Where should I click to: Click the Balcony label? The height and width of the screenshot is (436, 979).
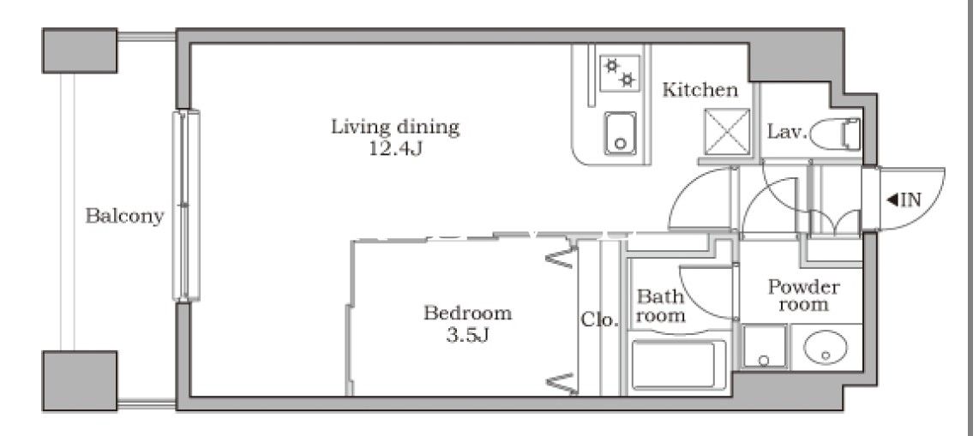[x=124, y=216]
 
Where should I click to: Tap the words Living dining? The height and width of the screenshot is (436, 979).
[x=394, y=128]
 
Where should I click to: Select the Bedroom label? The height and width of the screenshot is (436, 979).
[x=468, y=313]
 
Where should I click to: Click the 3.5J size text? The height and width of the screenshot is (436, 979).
[x=467, y=336]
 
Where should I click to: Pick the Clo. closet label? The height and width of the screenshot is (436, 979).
[x=599, y=320]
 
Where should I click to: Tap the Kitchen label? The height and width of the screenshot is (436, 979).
[x=700, y=91]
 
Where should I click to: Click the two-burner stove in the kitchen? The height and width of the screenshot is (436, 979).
[x=620, y=74]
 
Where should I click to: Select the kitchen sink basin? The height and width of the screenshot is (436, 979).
[x=620, y=134]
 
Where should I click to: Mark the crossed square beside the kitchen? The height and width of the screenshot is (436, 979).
[x=727, y=132]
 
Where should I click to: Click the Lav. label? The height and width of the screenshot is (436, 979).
[x=787, y=132]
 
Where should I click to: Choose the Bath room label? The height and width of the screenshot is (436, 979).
[x=661, y=306]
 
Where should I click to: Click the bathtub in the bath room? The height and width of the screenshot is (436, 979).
[x=679, y=366]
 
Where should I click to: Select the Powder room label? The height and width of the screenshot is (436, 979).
[x=803, y=296]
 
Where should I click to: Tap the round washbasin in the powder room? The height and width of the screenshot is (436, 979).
[x=826, y=348]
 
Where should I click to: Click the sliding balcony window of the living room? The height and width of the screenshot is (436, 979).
[x=186, y=206]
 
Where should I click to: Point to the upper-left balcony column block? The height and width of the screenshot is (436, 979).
[x=80, y=50]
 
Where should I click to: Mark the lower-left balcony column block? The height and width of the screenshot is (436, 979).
[x=80, y=380]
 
